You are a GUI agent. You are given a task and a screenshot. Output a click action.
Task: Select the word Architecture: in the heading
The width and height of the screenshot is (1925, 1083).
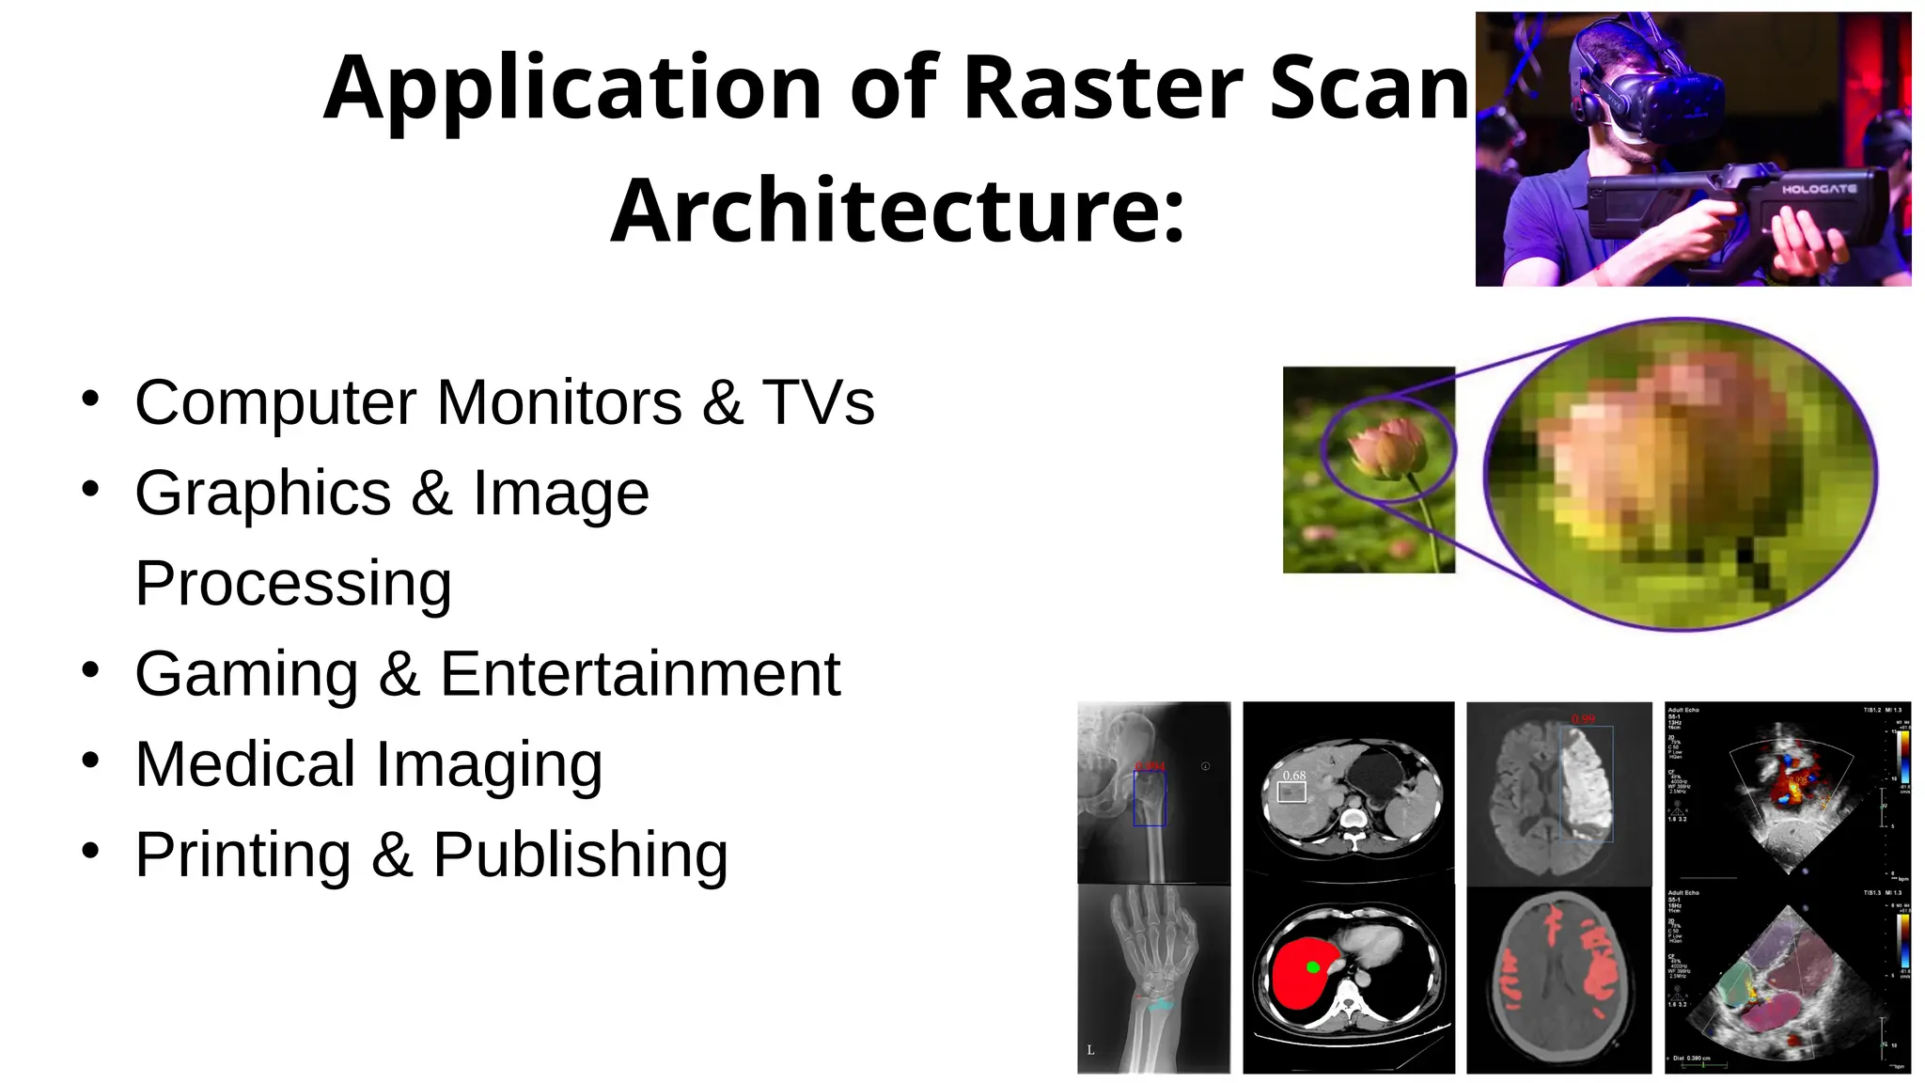pos(898,211)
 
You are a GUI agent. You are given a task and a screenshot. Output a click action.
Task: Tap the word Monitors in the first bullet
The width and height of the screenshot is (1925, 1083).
pos(559,402)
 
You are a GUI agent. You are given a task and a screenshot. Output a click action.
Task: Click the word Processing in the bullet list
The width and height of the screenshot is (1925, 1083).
pos(293,584)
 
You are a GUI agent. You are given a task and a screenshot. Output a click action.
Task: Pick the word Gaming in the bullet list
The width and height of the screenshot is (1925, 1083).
pos(246,674)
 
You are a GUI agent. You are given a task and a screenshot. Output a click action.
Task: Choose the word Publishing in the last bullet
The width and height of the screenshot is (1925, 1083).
pos(580,855)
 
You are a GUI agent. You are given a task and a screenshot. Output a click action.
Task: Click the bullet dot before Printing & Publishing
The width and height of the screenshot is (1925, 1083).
pos(90,851)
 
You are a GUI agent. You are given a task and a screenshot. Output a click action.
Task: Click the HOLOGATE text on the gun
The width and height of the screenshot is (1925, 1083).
pos(1819,189)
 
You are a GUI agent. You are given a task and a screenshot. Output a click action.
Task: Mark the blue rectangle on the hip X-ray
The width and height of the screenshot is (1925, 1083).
pos(1149,798)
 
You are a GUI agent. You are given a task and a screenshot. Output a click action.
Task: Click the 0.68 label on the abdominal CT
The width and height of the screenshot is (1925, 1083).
pos(1294,776)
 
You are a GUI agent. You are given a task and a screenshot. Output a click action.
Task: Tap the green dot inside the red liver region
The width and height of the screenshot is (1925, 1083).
pos(1313,966)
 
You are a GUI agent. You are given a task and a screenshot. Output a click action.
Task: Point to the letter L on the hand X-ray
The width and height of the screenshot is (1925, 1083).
pos(1090,1050)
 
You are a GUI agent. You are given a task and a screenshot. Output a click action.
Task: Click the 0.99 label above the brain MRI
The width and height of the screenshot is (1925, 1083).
pos(1583,719)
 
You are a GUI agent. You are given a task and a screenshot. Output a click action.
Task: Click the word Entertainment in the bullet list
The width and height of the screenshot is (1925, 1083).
pos(640,674)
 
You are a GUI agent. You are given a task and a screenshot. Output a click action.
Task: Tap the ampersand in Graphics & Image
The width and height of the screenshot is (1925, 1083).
pos(431,493)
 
